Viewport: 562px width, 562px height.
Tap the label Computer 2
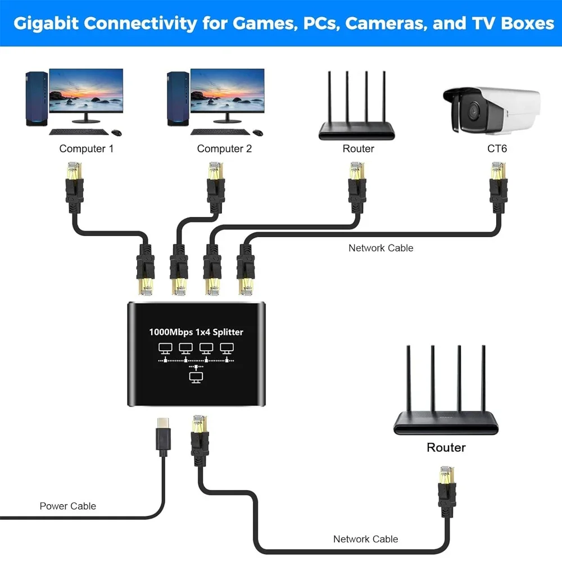[224, 149]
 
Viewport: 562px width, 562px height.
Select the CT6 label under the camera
[497, 149]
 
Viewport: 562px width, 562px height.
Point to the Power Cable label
[67, 506]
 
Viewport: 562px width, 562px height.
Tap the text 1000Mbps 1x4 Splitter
[196, 332]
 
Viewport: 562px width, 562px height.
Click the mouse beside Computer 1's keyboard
[116, 133]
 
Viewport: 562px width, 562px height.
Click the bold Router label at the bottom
[446, 447]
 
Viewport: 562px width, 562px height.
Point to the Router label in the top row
[358, 149]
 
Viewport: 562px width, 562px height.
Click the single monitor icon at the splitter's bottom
[196, 377]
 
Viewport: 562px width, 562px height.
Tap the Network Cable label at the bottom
[365, 539]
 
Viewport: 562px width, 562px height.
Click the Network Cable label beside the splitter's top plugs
[380, 248]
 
